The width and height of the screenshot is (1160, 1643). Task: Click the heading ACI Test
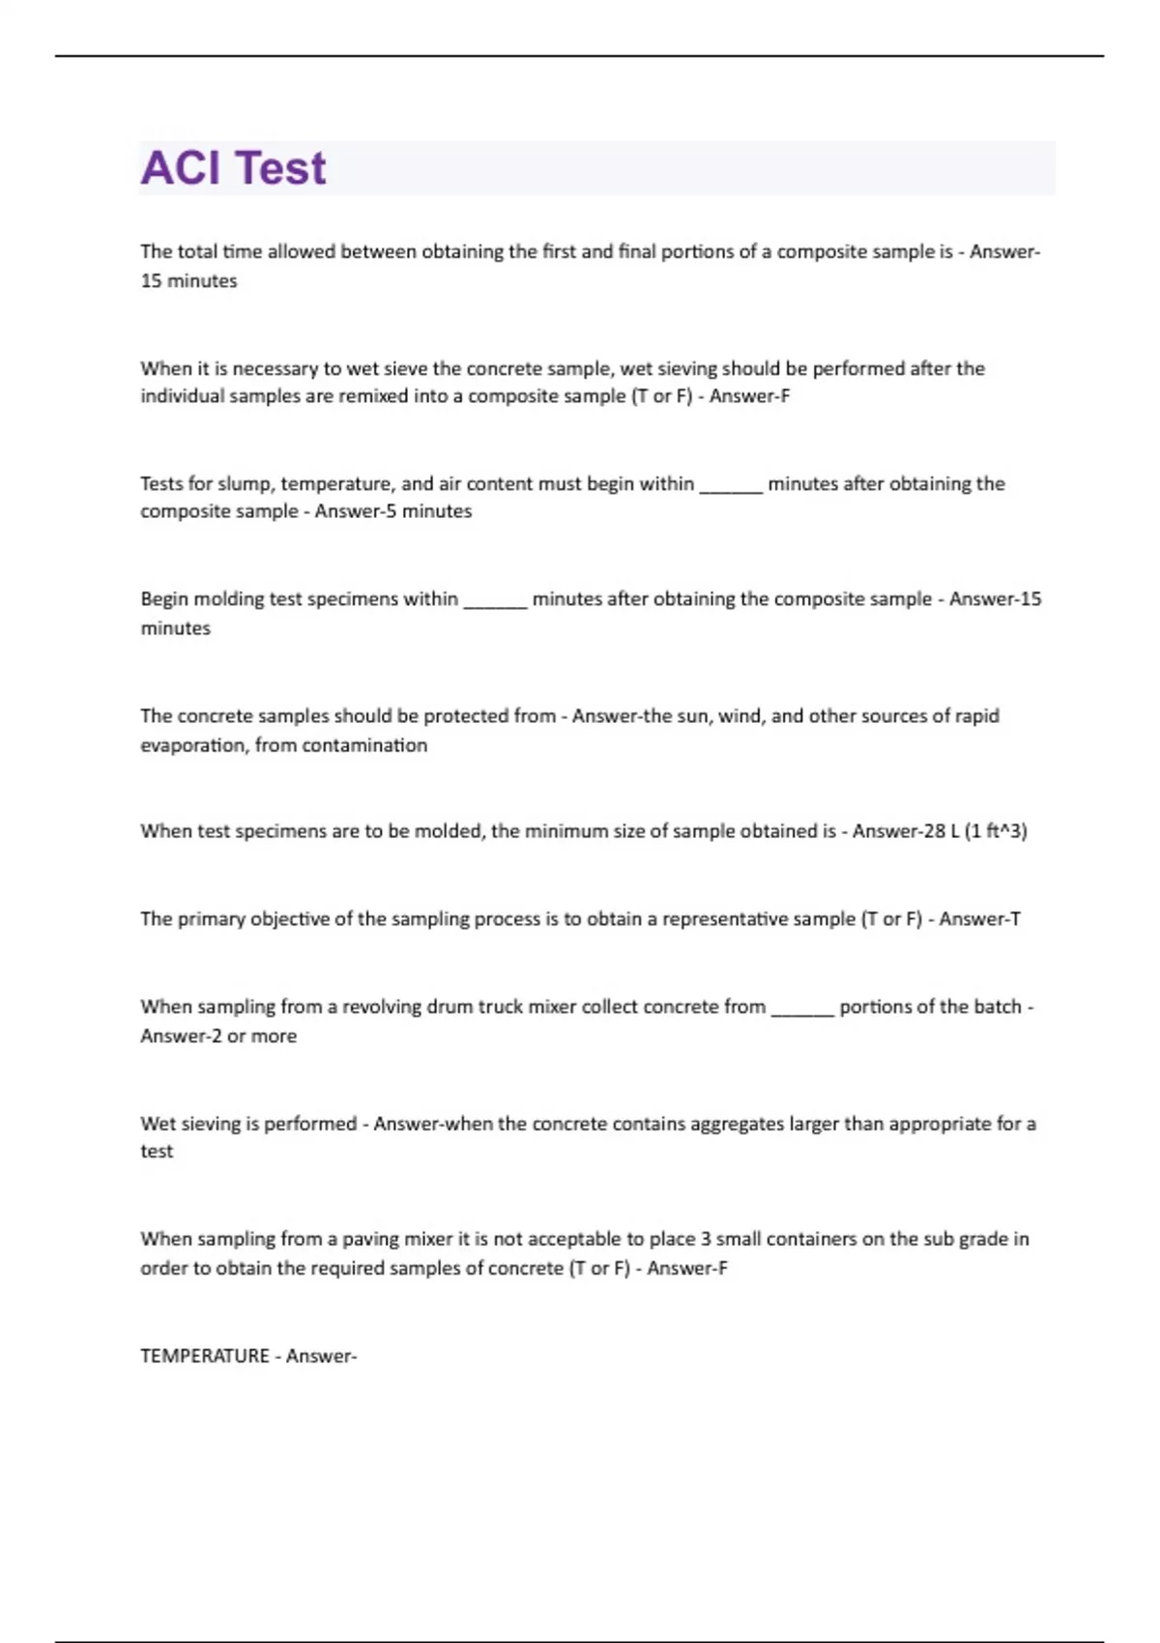pos(233,168)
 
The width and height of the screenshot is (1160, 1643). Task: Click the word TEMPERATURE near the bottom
pos(205,1356)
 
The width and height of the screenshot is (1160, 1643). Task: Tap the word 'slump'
pos(244,483)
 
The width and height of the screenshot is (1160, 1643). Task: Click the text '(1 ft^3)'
pos(996,831)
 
